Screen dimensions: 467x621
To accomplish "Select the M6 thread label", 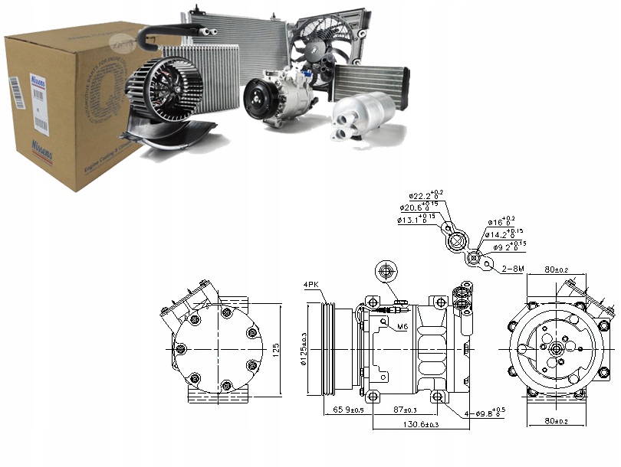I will click(x=402, y=328).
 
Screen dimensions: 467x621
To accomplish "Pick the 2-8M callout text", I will click(x=511, y=269).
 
